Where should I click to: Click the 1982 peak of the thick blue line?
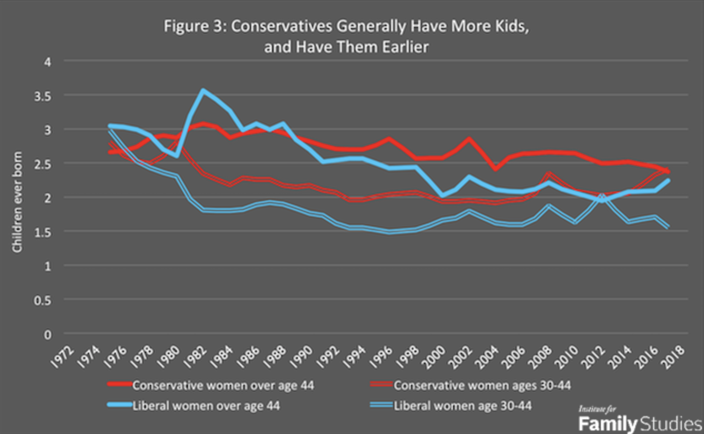tap(203, 91)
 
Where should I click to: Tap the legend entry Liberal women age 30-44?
tap(462, 406)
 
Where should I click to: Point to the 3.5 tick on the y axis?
tap(47, 95)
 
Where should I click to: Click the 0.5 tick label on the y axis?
tap(47, 299)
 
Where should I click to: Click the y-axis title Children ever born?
tap(17, 202)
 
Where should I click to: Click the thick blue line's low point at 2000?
tap(443, 195)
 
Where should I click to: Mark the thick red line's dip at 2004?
tap(496, 168)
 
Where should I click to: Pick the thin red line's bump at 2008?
tap(549, 175)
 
